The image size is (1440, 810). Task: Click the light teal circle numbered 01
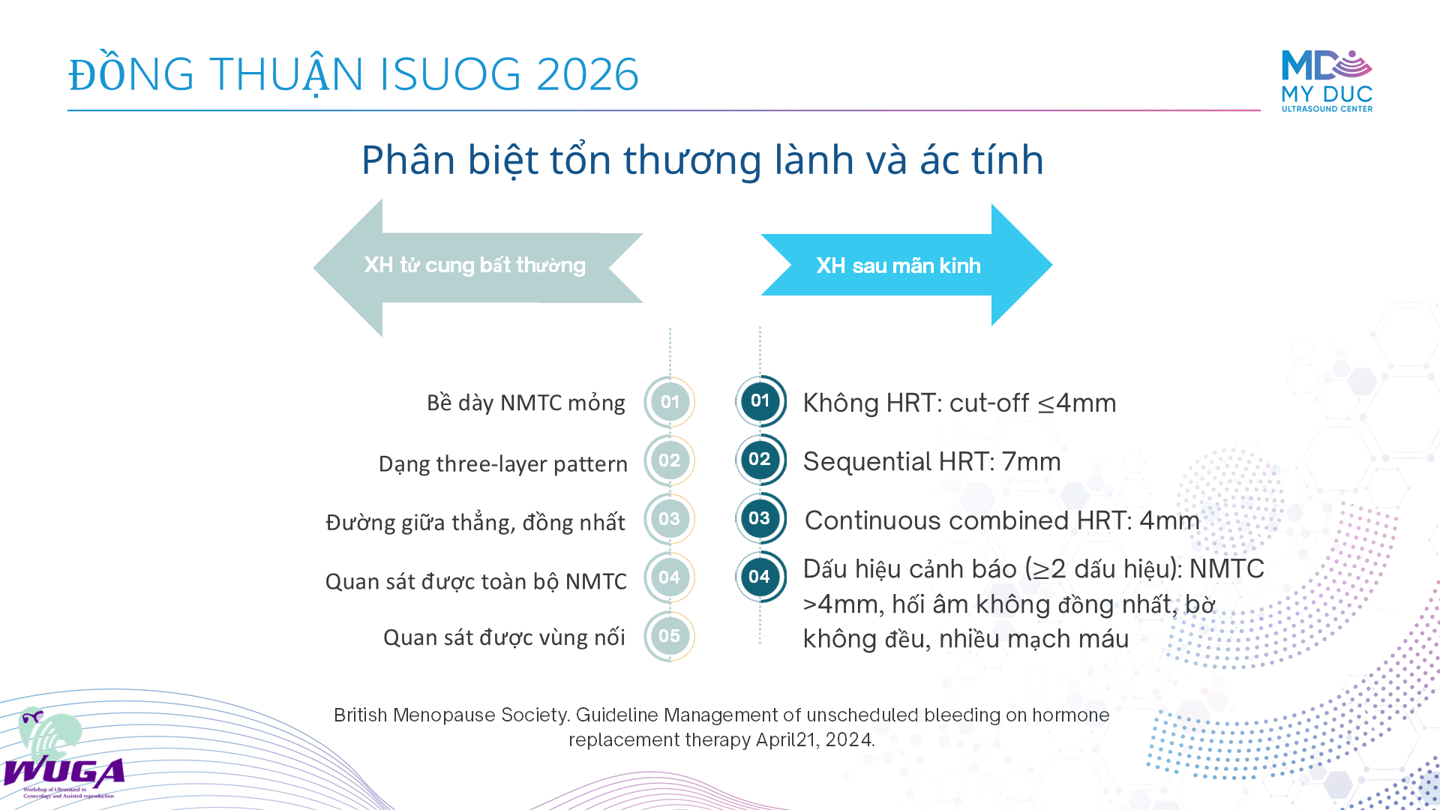(x=670, y=402)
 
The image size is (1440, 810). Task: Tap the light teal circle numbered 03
(x=670, y=519)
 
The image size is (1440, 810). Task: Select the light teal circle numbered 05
(x=670, y=636)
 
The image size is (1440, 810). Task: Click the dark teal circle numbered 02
(x=760, y=459)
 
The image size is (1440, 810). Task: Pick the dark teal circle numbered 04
(x=760, y=577)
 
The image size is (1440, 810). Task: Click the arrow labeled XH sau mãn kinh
(x=907, y=265)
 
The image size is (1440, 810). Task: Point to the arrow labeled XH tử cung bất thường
(x=478, y=268)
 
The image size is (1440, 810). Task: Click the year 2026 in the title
(x=588, y=74)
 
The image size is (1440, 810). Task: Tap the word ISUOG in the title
(x=450, y=74)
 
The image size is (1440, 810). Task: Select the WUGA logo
(x=63, y=754)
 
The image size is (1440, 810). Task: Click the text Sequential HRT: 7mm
(x=931, y=461)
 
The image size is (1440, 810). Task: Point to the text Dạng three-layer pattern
(x=502, y=464)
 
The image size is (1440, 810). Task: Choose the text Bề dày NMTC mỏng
(x=526, y=403)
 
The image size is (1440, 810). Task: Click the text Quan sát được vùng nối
(x=504, y=637)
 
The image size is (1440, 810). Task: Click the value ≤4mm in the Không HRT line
(x=1077, y=403)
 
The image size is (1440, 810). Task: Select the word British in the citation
(x=360, y=715)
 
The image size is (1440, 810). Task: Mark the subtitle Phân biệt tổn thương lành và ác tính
(x=703, y=160)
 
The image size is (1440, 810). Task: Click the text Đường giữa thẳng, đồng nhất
(x=475, y=522)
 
